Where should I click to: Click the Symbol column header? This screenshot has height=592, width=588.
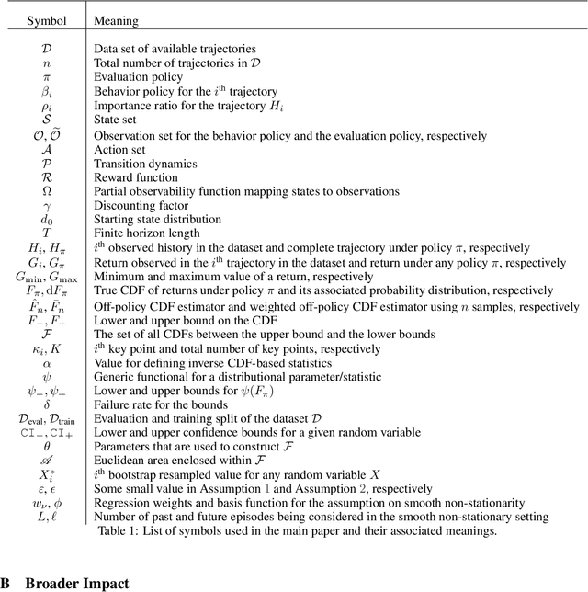pos(46,18)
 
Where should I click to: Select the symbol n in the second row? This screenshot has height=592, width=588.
pos(46,63)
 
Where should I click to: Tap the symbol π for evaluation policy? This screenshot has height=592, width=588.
pos(46,77)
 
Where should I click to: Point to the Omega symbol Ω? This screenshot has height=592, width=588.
pos(46,191)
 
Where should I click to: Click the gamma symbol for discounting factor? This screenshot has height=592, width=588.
pos(46,206)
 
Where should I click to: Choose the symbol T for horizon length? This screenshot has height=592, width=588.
pos(46,233)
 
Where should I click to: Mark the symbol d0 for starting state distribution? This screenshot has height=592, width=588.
pos(46,220)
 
